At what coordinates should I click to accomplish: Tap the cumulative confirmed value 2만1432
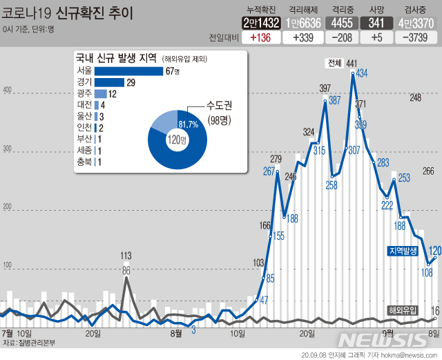261,23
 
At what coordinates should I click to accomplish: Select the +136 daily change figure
262,37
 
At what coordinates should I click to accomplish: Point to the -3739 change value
418,37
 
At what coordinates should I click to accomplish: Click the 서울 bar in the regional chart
128,70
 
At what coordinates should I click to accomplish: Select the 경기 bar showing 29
109,82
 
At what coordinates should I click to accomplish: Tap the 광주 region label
84,94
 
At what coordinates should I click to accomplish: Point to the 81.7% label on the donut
189,124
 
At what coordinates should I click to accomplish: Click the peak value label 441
352,64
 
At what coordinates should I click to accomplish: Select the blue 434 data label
361,73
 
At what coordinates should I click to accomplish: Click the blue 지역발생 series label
406,251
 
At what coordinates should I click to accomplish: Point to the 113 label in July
126,255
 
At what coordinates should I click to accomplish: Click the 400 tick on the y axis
8,91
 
